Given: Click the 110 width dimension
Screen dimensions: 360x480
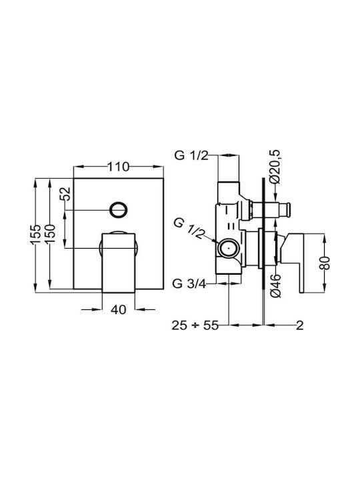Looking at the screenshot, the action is point(118,167).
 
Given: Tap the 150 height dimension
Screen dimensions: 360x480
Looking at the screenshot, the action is point(49,233).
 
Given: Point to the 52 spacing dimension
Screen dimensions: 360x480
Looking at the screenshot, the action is point(65,193).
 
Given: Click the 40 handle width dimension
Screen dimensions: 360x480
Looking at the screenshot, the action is point(118,309).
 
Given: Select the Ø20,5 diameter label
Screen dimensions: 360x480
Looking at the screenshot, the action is point(275,167).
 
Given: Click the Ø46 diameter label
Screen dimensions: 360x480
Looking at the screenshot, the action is point(275,285).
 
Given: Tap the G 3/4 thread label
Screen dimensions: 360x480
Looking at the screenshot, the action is point(189,284).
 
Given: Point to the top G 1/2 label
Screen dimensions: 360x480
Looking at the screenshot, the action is point(191,155).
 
